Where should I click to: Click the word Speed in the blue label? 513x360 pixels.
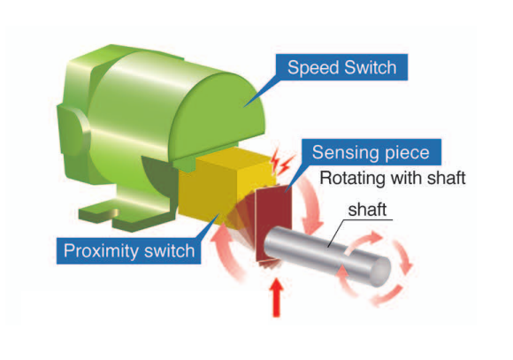313,68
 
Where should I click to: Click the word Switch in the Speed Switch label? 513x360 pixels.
370,67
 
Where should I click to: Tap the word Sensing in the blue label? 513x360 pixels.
345,153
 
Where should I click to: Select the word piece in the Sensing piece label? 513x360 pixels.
406,153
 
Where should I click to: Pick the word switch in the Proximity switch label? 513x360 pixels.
170,250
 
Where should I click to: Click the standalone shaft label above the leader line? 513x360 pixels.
367,210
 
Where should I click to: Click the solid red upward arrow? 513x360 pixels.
277,297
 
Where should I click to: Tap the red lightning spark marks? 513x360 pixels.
280,163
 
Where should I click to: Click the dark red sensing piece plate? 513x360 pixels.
273,223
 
